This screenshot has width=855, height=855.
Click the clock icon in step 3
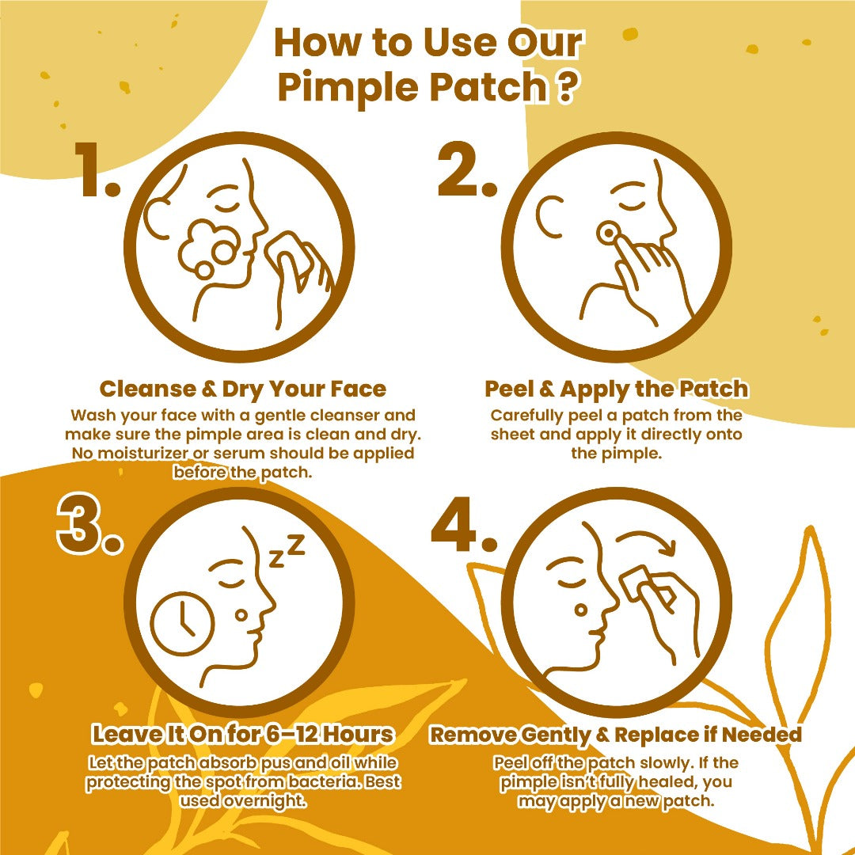coord(181,623)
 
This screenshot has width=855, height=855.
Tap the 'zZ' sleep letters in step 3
coord(287,551)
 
